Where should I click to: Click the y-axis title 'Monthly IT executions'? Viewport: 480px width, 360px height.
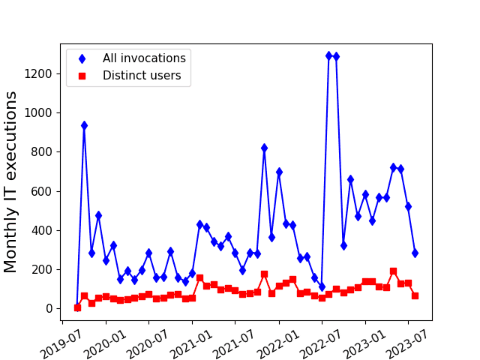(11, 182)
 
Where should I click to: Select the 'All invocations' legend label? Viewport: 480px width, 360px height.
(144, 58)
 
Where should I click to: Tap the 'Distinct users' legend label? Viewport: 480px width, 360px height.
(142, 75)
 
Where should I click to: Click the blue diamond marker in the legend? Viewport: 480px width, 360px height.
(82, 58)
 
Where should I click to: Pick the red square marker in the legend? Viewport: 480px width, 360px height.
(82, 75)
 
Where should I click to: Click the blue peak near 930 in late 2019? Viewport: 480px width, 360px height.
(84, 125)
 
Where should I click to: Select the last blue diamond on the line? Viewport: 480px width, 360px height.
(415, 253)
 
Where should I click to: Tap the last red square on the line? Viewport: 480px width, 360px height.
(415, 295)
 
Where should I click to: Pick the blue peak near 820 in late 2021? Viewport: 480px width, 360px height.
(264, 148)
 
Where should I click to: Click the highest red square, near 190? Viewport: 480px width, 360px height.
(393, 271)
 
